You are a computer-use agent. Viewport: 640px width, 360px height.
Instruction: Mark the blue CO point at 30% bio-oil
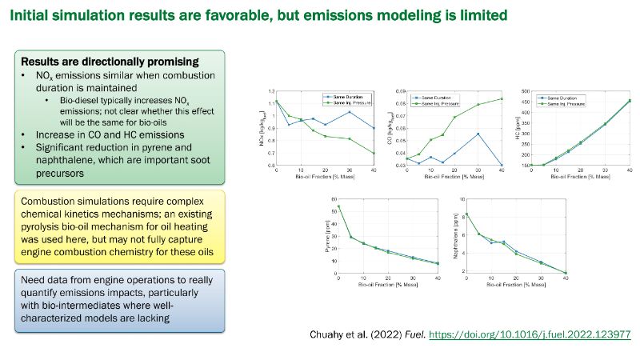click(478, 134)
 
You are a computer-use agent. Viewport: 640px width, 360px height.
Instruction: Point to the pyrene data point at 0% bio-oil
click(338, 206)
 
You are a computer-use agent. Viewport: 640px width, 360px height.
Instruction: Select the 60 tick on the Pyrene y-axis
click(332, 198)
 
